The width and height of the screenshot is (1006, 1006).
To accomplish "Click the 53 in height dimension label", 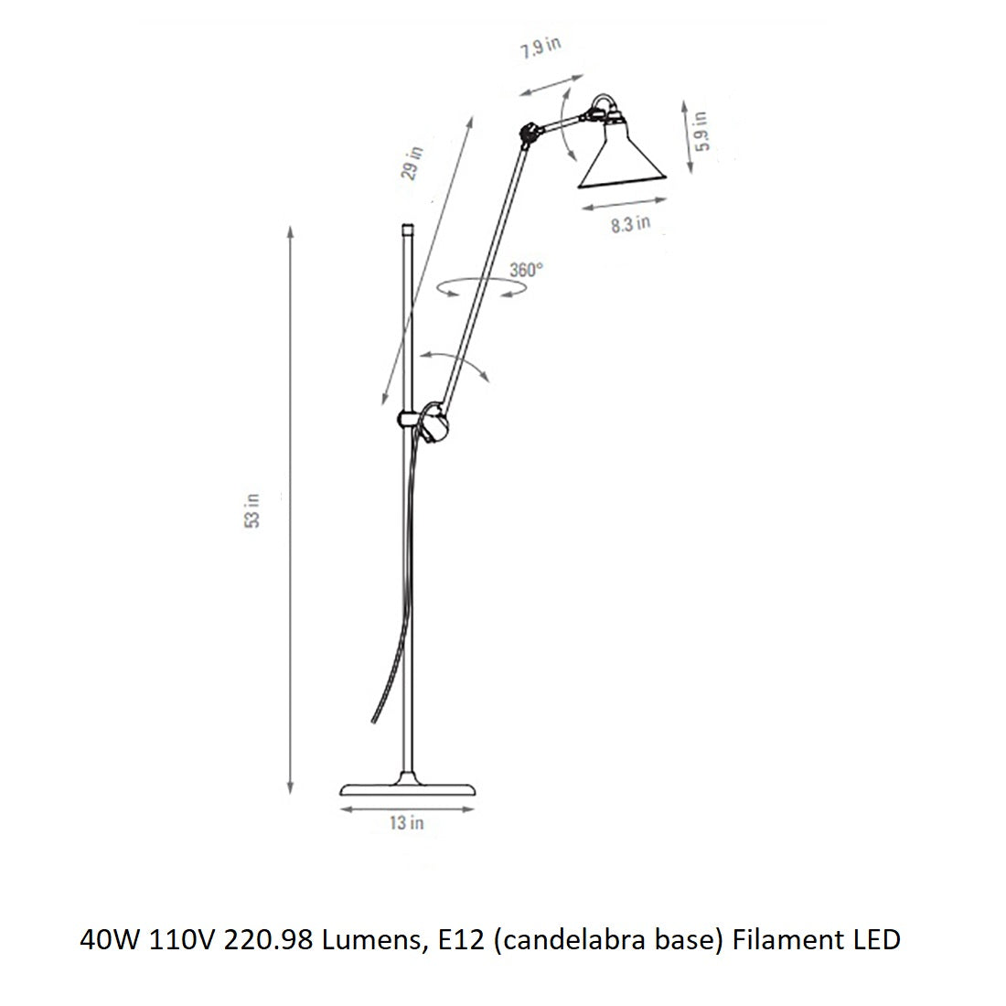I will (253, 509).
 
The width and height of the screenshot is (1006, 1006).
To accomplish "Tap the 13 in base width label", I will (406, 823).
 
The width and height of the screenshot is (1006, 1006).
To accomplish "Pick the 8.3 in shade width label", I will (631, 222).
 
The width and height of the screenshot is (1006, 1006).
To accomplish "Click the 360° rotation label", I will (526, 270).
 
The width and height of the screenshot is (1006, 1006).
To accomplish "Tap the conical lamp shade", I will (620, 157).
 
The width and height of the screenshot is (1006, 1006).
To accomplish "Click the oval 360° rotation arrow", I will (482, 288).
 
